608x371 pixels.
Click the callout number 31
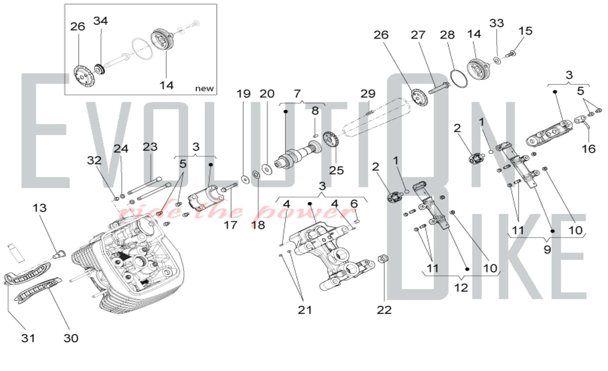[28, 338]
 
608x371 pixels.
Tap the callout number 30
[71, 338]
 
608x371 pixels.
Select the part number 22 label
[384, 310]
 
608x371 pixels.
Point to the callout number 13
[40, 208]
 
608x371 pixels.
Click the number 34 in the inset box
[100, 21]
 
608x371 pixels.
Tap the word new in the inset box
[204, 88]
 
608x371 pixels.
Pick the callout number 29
[368, 94]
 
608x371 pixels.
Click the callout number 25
[336, 170]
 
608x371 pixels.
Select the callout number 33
[496, 23]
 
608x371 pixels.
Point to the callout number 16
[589, 149]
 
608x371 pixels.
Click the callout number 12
[461, 288]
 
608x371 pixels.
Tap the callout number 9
[547, 249]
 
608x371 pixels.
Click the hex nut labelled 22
[383, 259]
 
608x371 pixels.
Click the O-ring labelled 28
[459, 78]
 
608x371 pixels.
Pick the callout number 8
[315, 111]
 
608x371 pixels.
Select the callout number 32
[94, 160]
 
